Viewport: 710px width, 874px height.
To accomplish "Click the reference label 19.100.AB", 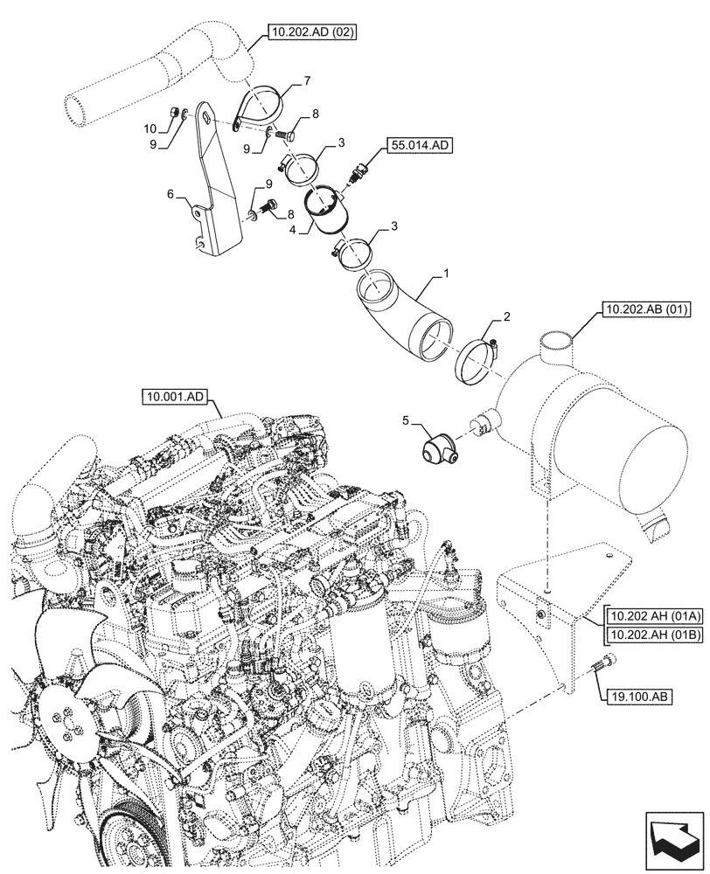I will click(x=635, y=697).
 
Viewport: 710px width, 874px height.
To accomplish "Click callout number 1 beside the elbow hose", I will click(x=446, y=274).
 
